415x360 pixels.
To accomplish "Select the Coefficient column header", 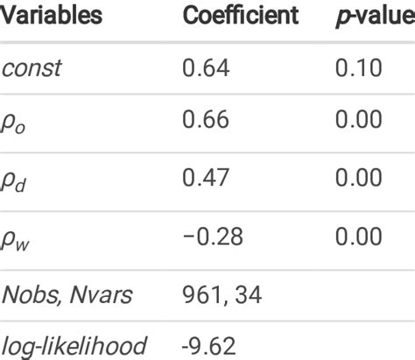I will click(240, 16).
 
